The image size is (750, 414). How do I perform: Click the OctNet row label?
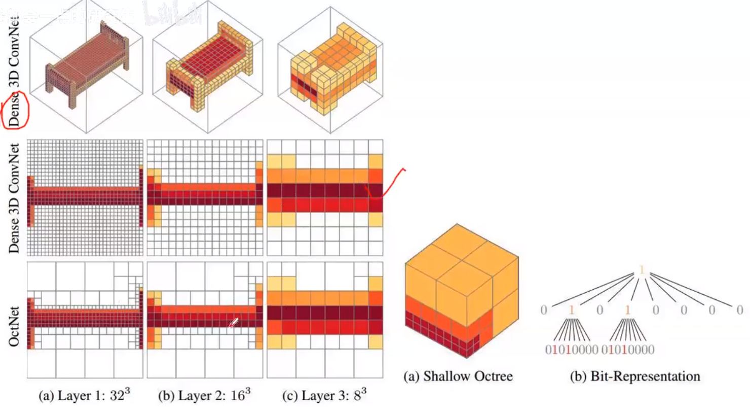pos(14,326)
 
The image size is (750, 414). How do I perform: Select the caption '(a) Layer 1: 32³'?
pos(84,395)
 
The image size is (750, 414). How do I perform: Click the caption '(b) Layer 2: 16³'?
pos(204,395)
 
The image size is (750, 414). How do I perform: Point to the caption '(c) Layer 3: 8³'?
pos(324,395)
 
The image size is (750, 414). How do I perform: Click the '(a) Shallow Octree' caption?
pos(458,376)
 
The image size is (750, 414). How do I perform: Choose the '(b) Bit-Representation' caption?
pos(635,376)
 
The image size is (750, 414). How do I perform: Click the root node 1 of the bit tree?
pos(642,270)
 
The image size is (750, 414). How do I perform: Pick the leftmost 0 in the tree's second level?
pos(544,309)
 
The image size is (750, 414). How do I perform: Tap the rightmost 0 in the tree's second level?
pos(739,309)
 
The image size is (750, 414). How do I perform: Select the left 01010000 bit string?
pos(572,350)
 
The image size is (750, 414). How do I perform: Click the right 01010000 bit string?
pos(628,350)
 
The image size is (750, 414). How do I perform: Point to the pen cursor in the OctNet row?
pos(233,323)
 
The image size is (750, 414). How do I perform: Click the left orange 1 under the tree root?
pos(572,309)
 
